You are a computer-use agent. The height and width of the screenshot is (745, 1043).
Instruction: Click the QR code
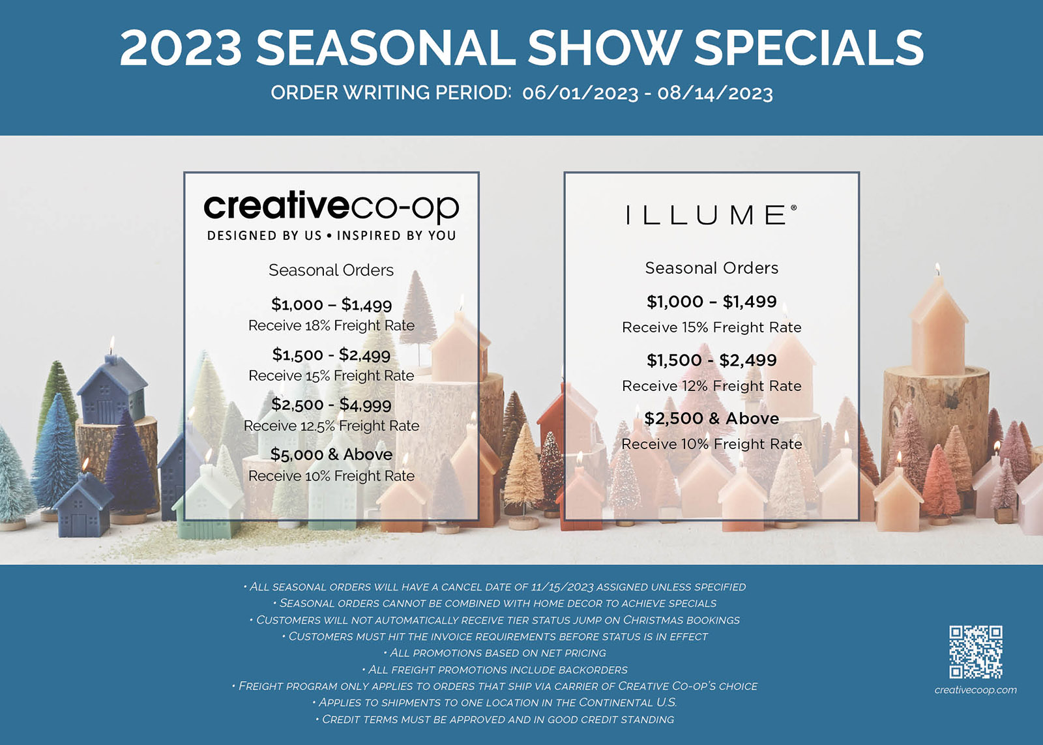click(x=976, y=652)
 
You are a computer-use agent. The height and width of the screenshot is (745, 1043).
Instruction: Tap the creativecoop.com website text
click(x=975, y=690)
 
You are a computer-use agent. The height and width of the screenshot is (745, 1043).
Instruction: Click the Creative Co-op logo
click(x=331, y=207)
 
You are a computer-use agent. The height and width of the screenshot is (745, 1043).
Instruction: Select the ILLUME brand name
click(x=711, y=215)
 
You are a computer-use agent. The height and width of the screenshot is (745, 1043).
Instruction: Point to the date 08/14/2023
click(x=715, y=93)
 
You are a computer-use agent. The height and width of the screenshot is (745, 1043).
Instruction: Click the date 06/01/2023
click(x=580, y=93)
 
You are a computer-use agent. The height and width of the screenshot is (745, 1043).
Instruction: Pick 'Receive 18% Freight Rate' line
click(x=331, y=325)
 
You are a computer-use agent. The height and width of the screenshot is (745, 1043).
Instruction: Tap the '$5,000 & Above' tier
click(x=331, y=454)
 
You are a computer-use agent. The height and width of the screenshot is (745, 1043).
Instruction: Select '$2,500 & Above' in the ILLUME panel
click(x=711, y=418)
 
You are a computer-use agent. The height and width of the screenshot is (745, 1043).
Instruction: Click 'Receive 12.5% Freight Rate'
click(x=331, y=426)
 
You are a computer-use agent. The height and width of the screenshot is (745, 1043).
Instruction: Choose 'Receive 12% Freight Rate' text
click(x=711, y=386)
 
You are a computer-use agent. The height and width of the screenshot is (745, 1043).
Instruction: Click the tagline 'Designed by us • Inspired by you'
click(x=331, y=235)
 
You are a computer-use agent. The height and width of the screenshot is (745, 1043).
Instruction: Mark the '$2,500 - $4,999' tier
click(x=331, y=405)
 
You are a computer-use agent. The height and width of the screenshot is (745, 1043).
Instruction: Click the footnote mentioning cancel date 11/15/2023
click(x=495, y=587)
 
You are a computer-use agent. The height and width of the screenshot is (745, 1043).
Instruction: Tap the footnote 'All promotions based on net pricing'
click(x=495, y=653)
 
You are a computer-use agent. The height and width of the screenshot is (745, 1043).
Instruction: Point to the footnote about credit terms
click(x=495, y=720)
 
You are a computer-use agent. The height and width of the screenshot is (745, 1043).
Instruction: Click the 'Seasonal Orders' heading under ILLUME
click(x=711, y=268)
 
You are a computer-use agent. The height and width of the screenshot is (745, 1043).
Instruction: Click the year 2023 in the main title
click(x=181, y=48)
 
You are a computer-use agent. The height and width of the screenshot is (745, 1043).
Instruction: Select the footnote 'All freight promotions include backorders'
click(x=495, y=669)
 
